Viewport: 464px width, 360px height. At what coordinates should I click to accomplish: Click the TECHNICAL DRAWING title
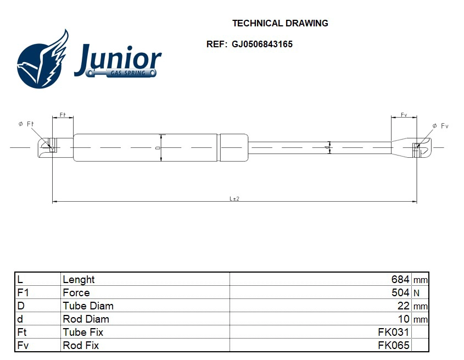(280, 23)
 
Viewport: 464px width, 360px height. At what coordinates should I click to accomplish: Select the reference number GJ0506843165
(262, 45)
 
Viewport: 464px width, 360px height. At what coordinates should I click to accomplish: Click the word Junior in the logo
(118, 58)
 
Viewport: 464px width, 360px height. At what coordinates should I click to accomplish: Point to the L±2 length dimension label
(234, 198)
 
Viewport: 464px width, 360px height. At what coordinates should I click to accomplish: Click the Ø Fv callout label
(440, 126)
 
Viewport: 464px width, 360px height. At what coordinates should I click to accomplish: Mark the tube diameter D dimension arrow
(161, 147)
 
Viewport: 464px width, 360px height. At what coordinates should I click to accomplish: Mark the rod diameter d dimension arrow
(329, 147)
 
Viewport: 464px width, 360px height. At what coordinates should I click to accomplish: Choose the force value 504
(400, 292)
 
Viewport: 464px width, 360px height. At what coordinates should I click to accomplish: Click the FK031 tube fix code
(393, 332)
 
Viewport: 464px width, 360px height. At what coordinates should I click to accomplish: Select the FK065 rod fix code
(393, 345)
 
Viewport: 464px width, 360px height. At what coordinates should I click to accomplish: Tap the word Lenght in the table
(79, 279)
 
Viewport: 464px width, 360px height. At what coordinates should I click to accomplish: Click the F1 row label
(23, 292)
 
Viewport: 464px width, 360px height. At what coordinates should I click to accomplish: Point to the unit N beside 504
(416, 293)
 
